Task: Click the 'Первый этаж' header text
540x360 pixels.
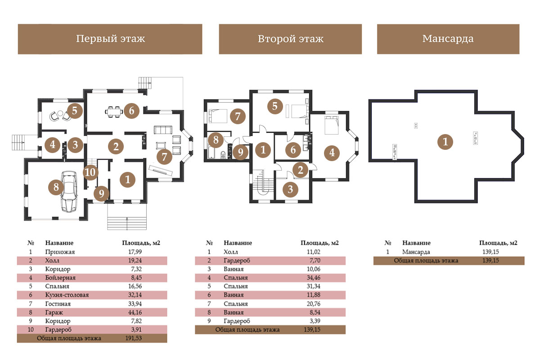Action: point(111,39)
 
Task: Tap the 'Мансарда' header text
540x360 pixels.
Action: point(448,39)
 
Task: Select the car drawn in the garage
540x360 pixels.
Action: point(69,191)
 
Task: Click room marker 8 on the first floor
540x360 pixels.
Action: point(56,187)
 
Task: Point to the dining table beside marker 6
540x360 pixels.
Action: point(113,112)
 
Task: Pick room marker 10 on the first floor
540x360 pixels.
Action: point(90,172)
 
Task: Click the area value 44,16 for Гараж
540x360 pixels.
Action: point(135,312)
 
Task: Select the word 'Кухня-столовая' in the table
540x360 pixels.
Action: point(67,295)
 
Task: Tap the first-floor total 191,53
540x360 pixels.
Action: point(134,338)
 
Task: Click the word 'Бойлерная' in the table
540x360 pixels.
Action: point(60,278)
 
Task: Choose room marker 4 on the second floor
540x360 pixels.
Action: point(332,153)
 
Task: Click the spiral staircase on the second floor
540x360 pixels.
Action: point(263,183)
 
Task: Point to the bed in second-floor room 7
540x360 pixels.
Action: point(217,116)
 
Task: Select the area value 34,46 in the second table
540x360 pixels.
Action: point(313,278)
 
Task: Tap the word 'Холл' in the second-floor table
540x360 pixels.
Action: point(231,252)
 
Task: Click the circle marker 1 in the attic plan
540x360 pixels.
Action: point(445,142)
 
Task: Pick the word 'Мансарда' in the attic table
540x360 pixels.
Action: point(416,252)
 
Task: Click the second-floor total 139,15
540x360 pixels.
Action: point(312,329)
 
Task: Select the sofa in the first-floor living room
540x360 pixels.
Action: point(163,130)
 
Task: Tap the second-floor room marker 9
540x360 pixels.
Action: point(240,152)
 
